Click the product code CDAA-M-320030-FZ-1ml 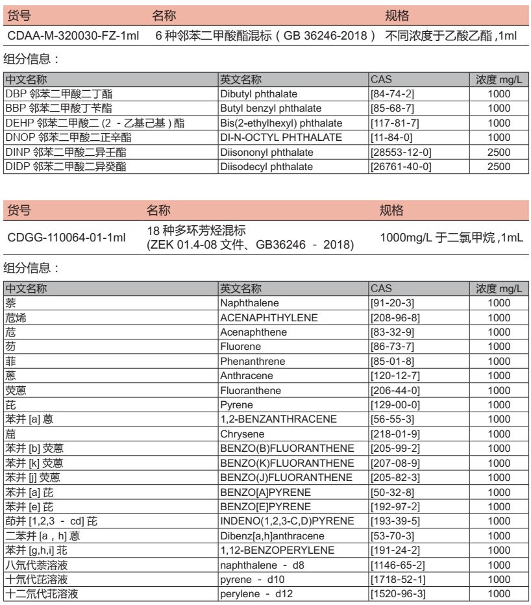[x=74, y=35]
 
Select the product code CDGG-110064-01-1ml [x=66, y=240]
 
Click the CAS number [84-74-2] [x=387, y=93]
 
